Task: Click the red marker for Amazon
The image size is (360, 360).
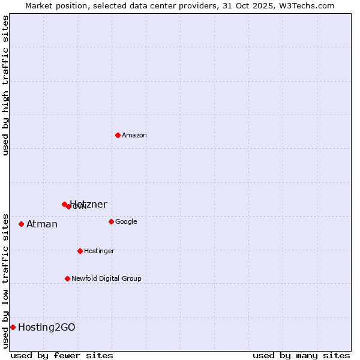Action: point(118,135)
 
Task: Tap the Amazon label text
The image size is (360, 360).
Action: point(134,136)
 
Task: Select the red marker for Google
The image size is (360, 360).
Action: point(111,221)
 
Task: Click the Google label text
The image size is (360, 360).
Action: point(126,222)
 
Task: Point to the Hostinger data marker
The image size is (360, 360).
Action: point(80,251)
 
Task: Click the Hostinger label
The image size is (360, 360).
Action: point(99,251)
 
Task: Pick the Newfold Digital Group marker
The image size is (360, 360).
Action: point(67,278)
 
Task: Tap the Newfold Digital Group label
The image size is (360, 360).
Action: point(106,279)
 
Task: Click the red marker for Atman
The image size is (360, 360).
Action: point(21,224)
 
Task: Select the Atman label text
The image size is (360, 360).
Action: point(42,224)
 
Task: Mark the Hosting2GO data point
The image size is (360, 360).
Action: point(13,327)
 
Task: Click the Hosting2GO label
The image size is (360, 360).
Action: point(47,328)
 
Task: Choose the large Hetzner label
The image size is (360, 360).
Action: point(89,204)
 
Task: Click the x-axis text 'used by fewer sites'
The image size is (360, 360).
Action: point(62,355)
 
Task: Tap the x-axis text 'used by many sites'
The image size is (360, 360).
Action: point(301,355)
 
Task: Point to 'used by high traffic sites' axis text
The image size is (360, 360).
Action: point(5,85)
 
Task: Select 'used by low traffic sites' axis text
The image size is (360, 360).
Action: point(5,280)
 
